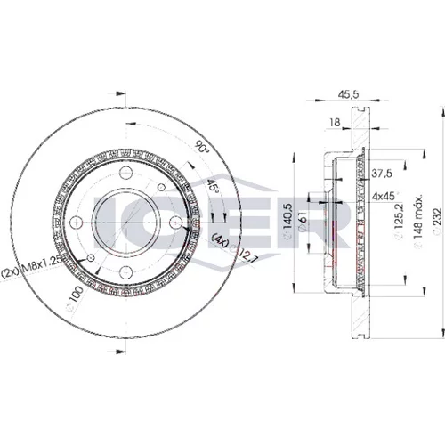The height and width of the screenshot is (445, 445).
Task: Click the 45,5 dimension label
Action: click(349, 94)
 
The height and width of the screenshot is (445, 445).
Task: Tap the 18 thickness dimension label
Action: click(335, 122)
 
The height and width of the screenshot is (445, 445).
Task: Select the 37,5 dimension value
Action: click(382, 174)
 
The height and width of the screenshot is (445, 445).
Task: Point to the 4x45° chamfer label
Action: click(384, 196)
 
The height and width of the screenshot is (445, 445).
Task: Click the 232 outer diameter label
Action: click(438, 222)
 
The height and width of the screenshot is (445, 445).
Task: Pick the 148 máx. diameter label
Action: click(418, 222)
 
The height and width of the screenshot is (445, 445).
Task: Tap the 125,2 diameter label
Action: click(399, 221)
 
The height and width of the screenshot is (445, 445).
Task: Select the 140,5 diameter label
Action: click(288, 221)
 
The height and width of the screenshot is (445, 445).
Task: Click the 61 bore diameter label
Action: click(303, 221)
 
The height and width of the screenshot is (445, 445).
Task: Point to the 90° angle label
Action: click(202, 146)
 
